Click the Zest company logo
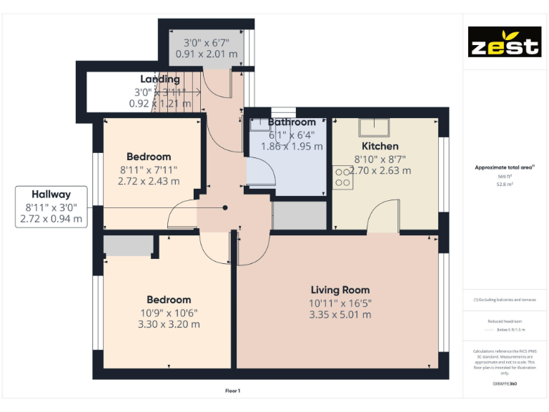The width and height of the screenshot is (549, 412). [504, 42]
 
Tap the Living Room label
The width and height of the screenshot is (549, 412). [340, 290]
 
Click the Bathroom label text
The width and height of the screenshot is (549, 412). [292, 122]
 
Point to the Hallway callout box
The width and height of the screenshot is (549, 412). [51, 207]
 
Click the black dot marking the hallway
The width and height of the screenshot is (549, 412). [225, 207]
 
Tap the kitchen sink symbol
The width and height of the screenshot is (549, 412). [375, 127]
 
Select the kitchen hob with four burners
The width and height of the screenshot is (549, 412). [342, 177]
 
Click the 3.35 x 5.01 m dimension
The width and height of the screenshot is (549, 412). [340, 315]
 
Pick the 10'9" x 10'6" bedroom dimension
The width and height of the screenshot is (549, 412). [169, 313]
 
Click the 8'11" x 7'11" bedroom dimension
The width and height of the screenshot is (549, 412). [149, 170]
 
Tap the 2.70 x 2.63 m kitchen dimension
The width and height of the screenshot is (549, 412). [382, 170]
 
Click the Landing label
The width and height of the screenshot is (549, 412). [160, 79]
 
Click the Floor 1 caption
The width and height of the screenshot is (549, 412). [232, 391]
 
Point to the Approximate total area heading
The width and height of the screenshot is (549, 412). [504, 167]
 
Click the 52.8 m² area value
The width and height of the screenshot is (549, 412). [505, 184]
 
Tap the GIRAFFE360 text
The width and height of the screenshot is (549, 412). [504, 384]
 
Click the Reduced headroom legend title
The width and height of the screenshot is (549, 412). [504, 322]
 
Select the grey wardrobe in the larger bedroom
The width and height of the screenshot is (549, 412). [129, 245]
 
